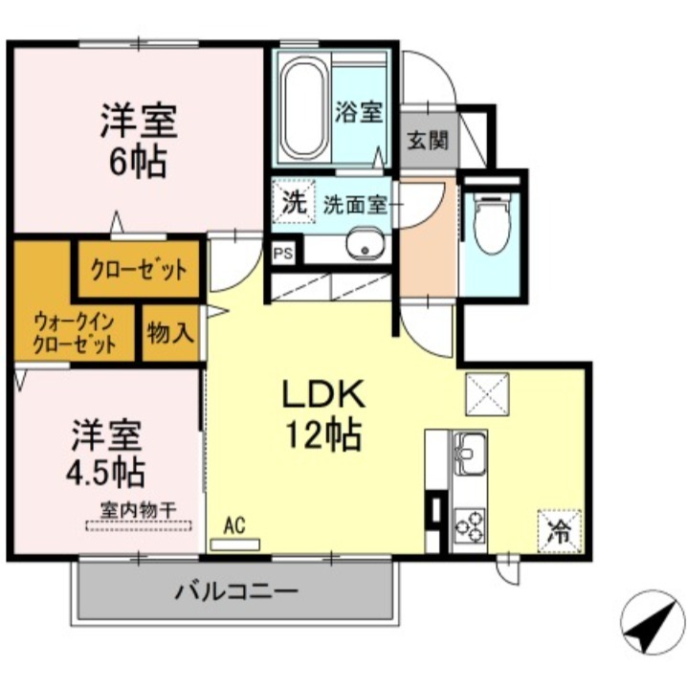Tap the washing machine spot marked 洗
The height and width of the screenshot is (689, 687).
tap(293, 203)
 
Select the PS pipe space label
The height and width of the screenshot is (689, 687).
tap(282, 254)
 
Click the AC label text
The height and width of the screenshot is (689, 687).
tap(235, 524)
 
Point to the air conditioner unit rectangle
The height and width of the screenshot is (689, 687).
tap(235, 545)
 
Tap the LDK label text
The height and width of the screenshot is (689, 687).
tap(321, 395)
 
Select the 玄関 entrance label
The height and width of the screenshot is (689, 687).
tap(428, 141)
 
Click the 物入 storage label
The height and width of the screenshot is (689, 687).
tap(170, 333)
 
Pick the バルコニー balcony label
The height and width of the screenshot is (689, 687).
tap(235, 590)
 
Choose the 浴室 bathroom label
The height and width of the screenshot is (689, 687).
tap(359, 112)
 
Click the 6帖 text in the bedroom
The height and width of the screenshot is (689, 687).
tap(138, 160)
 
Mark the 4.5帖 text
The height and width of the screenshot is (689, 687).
tap(106, 472)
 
